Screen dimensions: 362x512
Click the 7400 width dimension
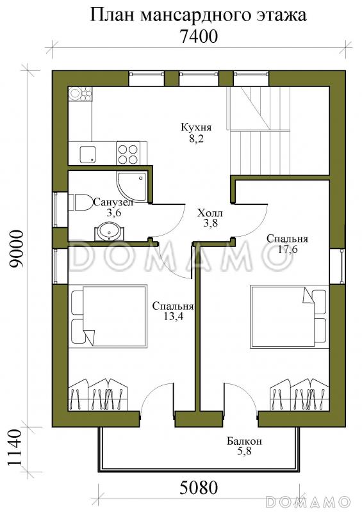(199, 36)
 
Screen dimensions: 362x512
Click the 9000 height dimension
(17, 249)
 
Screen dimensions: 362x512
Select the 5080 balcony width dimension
(199, 488)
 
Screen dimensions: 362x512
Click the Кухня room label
(196, 127)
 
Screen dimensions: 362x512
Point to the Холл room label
(210, 213)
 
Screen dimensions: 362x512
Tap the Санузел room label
(113, 202)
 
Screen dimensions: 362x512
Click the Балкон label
(245, 442)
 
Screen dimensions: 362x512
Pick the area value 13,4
(173, 316)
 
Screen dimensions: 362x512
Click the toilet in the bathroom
(81, 202)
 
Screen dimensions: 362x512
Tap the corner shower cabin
(131, 187)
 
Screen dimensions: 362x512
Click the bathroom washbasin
(109, 232)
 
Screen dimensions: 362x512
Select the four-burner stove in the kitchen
(128, 154)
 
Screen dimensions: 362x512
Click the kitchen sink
(88, 154)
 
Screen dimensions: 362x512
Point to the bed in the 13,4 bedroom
(108, 316)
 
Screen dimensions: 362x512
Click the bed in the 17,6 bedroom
(288, 316)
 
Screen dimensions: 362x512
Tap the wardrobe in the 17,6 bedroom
(299, 394)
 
